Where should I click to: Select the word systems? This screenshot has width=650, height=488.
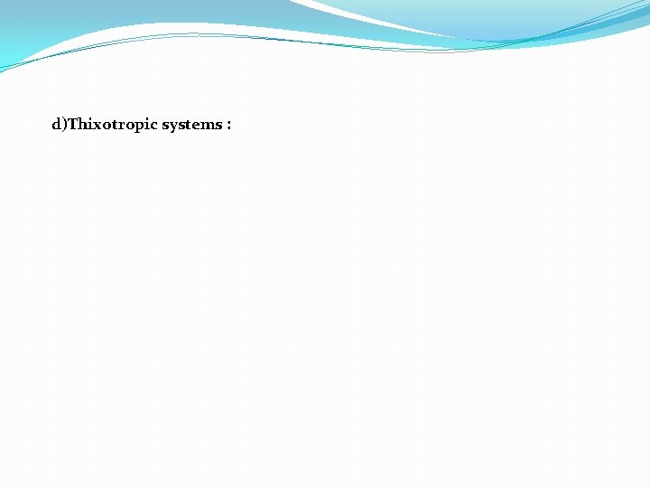191,125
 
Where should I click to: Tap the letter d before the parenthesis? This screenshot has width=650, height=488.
56,125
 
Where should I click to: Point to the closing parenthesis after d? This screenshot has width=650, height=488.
64,125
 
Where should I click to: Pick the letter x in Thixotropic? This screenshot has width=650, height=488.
96,125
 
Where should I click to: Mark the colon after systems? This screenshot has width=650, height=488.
229,126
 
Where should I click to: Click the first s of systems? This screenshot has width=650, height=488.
166,126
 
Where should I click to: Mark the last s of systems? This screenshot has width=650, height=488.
219,126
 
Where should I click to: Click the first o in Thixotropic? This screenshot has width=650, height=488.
104,126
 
